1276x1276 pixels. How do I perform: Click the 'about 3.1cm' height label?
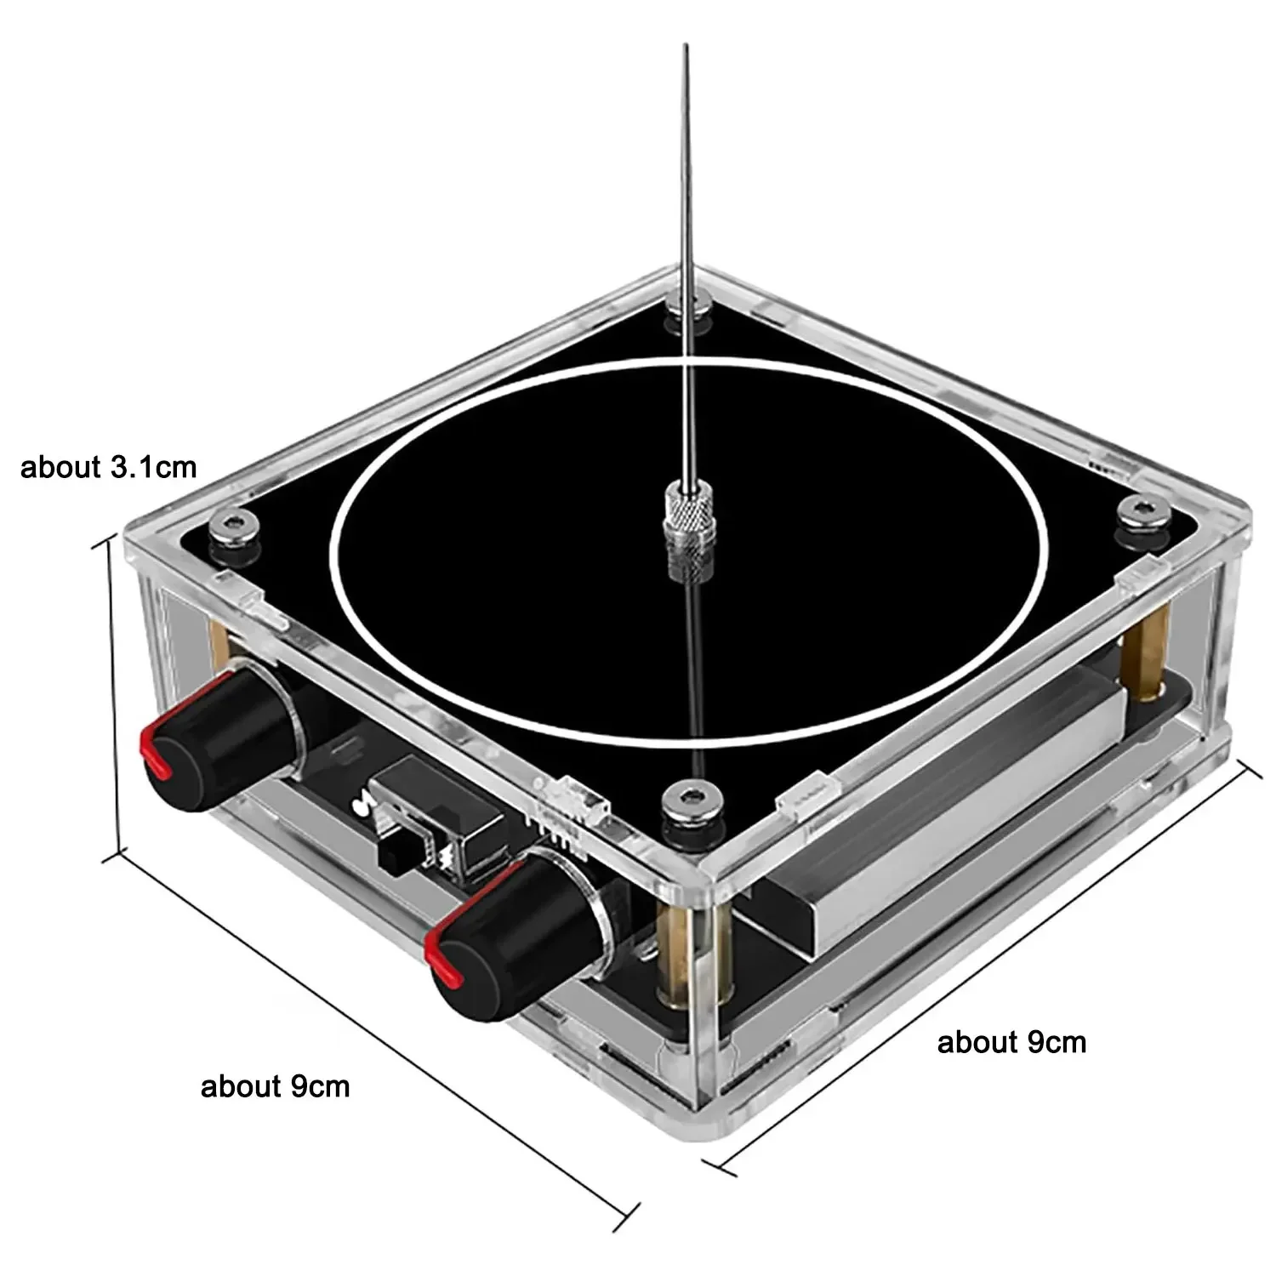point(108,467)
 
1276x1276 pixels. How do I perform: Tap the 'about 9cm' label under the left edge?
point(275,1086)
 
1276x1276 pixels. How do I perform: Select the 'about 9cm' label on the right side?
point(1011,1042)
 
